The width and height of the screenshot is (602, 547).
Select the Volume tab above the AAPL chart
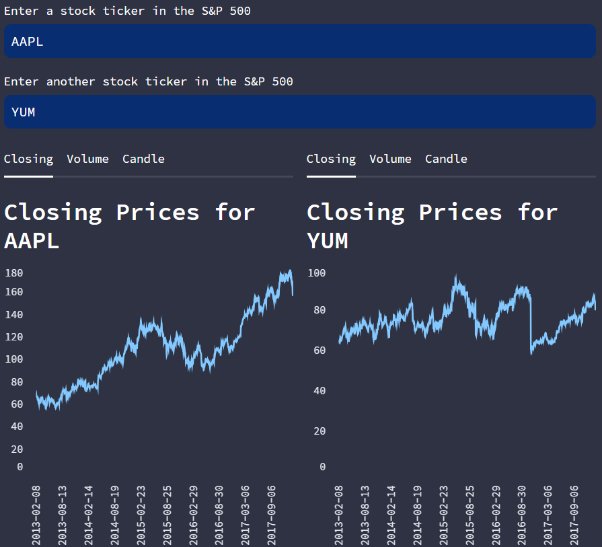(87, 159)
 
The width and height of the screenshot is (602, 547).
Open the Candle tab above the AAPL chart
(143, 159)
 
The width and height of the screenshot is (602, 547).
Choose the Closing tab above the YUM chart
(331, 159)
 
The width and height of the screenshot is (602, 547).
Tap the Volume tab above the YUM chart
(390, 159)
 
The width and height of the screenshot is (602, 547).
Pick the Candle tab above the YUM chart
(446, 159)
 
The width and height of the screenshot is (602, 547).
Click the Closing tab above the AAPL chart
(28, 159)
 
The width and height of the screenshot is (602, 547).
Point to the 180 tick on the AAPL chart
(13, 273)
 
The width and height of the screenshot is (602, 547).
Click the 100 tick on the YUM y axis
(316, 273)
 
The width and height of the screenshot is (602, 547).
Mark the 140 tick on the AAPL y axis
(13, 314)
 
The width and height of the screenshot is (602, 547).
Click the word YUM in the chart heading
(328, 240)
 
